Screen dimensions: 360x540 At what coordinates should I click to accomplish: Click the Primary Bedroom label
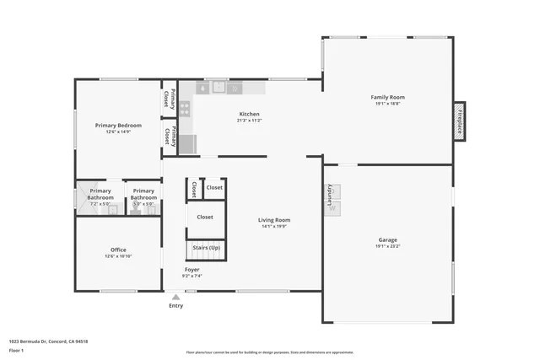118,125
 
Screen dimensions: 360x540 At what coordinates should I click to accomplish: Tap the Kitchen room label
249,114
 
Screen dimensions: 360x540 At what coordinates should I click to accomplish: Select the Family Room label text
388,97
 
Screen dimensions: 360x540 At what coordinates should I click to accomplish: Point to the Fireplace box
460,121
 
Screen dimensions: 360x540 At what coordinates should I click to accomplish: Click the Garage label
387,239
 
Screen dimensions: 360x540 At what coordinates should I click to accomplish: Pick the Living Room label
274,219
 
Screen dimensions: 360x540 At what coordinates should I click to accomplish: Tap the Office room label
118,250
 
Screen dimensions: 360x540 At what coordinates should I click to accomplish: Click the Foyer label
192,269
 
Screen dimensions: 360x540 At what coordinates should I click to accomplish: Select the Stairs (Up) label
206,248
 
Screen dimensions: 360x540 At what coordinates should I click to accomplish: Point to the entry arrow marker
175,297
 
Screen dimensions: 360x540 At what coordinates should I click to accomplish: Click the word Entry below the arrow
175,306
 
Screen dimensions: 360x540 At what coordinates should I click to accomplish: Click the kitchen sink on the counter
219,86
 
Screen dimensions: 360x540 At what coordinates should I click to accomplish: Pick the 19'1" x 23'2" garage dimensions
387,246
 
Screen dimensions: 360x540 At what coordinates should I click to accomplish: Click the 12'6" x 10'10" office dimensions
118,256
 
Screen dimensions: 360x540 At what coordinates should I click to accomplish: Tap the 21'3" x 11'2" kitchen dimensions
249,121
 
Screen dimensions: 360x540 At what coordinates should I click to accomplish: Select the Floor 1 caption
17,350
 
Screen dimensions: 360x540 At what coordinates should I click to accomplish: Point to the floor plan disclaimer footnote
270,352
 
